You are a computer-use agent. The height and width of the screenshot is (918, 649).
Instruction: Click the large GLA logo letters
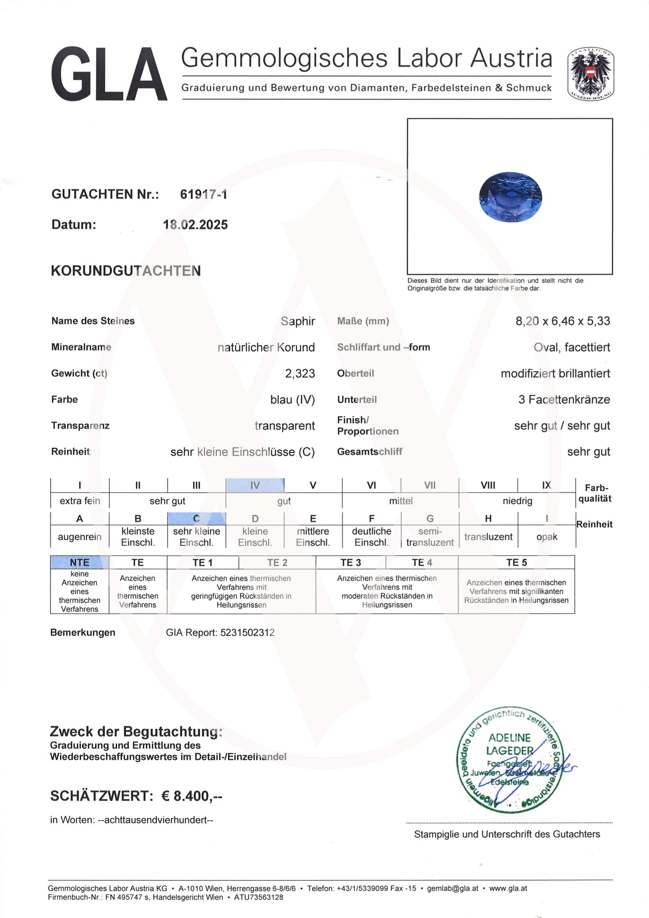point(109,75)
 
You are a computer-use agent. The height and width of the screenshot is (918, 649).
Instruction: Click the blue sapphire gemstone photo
point(510,196)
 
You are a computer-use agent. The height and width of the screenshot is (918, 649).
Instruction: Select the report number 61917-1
point(203,194)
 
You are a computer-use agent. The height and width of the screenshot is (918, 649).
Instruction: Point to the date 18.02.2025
point(195,225)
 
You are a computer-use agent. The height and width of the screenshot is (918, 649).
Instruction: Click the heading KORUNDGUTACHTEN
point(126,271)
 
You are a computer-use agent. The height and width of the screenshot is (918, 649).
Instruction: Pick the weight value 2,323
point(300,373)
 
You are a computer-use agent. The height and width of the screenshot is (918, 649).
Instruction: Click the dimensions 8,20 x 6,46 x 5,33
point(562,321)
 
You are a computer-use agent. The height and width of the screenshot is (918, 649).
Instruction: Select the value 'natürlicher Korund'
point(266,347)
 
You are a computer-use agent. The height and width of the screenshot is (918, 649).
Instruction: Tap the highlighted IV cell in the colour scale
point(255,485)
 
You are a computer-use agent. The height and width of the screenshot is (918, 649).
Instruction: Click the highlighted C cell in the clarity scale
point(196,518)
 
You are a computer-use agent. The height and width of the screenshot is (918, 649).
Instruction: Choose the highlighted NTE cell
point(79,562)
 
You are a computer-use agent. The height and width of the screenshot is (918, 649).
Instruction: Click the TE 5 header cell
point(516,562)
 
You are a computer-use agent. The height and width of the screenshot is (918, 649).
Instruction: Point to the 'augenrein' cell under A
point(79,537)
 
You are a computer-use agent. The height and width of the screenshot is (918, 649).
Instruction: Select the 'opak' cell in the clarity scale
point(547,537)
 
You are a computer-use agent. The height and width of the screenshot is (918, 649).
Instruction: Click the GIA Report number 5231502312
point(247,632)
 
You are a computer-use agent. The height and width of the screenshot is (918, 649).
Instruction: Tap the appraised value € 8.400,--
point(192,796)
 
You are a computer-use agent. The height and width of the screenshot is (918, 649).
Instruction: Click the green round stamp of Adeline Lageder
point(510,759)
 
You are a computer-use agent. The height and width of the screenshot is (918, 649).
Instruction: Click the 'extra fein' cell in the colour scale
point(79,501)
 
